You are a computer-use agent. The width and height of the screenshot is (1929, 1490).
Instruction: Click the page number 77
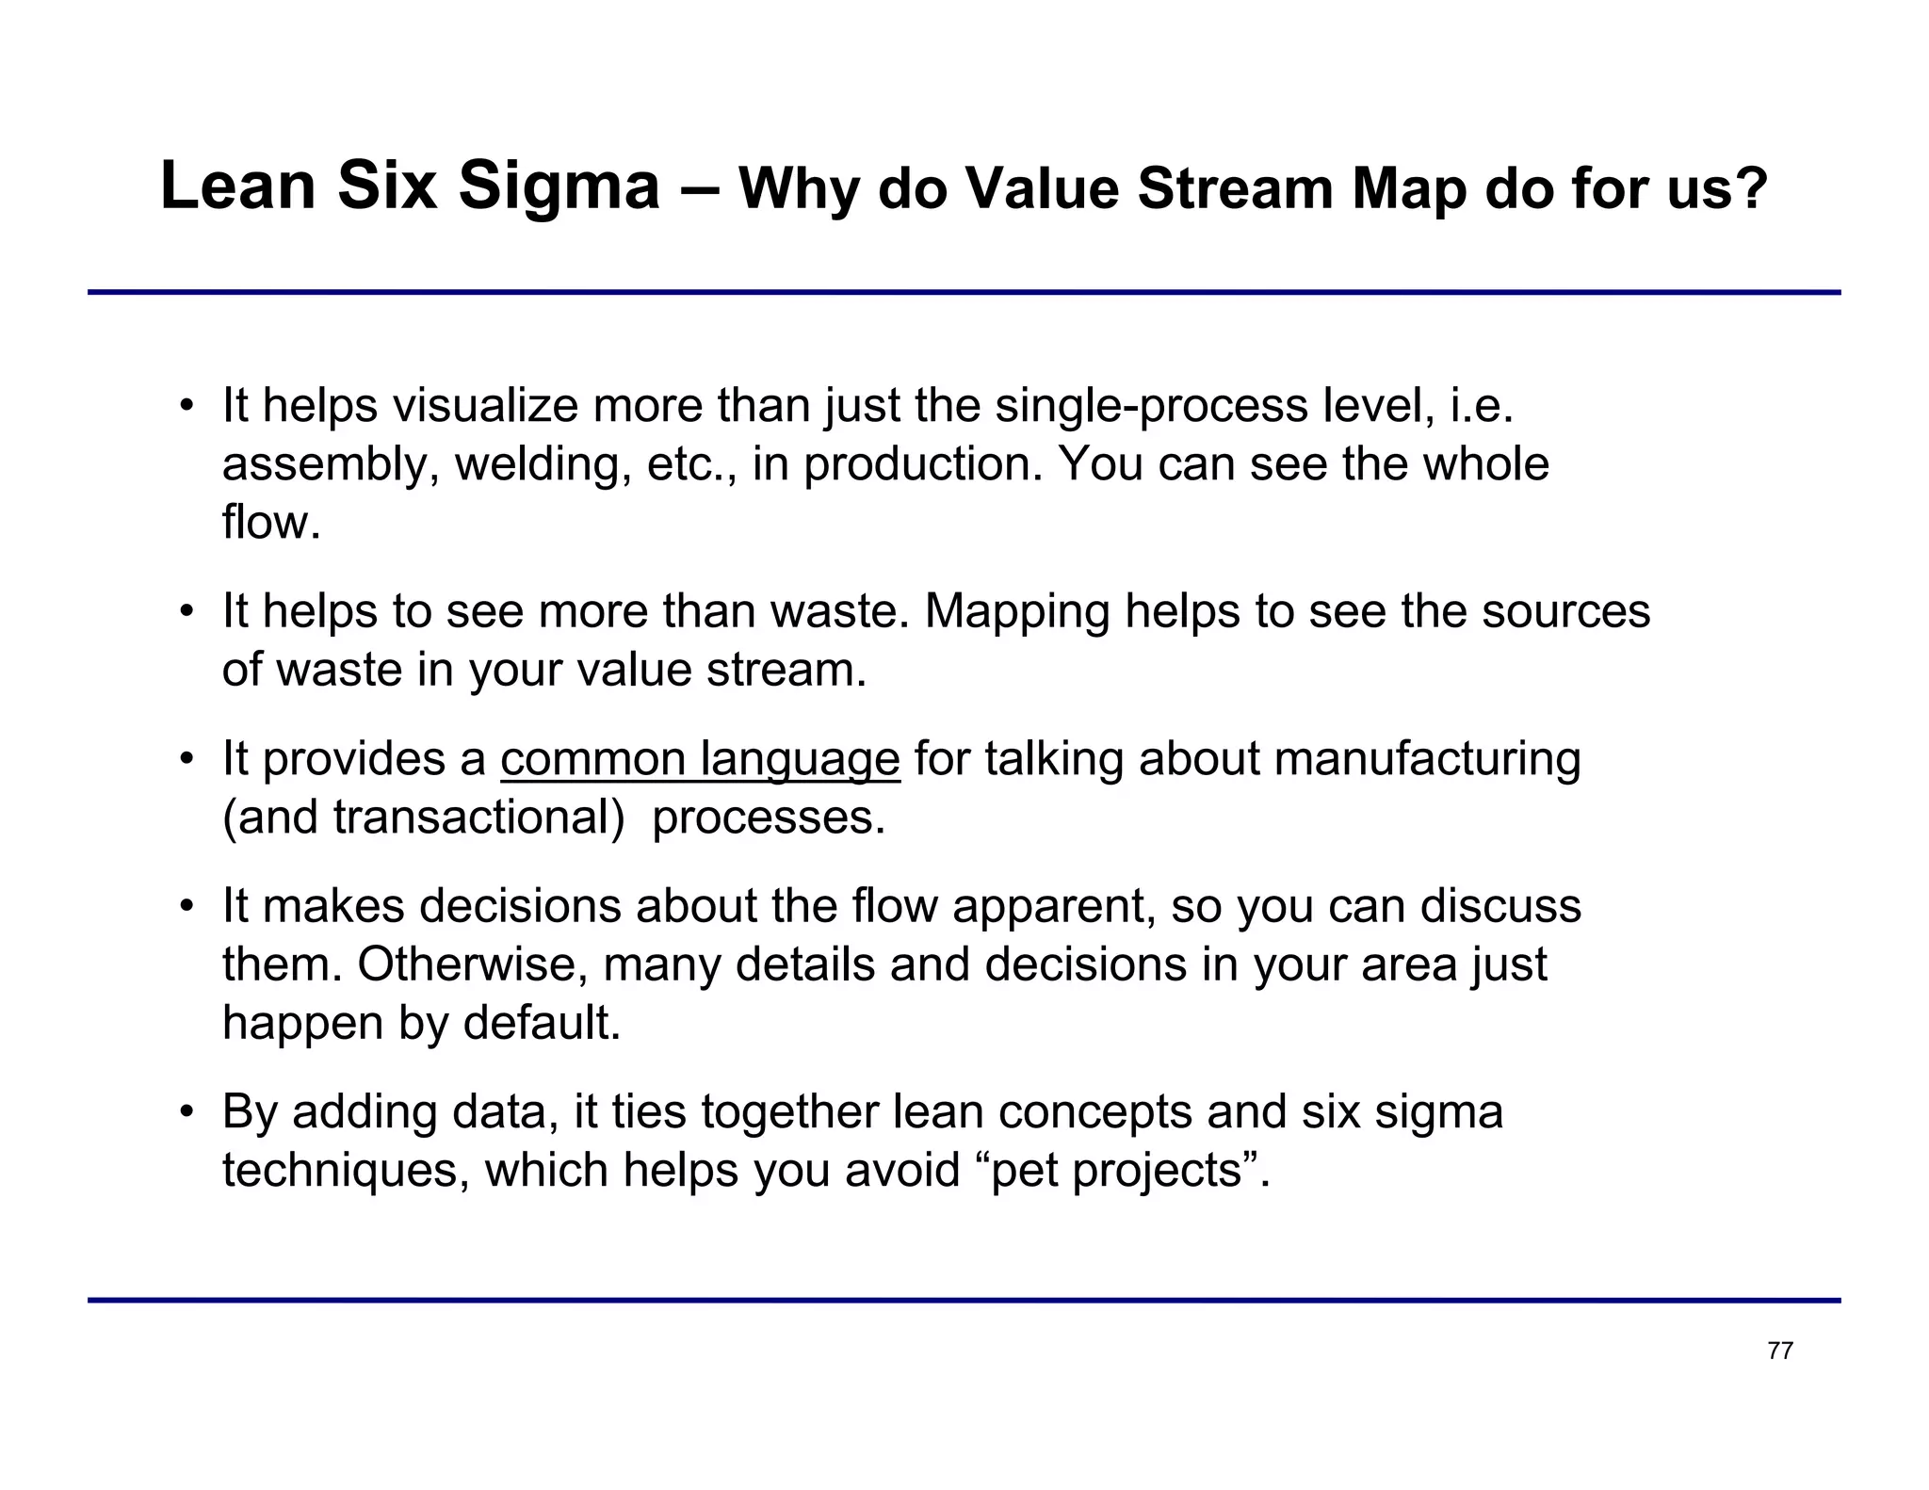point(1780,1351)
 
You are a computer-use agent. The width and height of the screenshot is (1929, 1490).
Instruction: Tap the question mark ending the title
point(1750,188)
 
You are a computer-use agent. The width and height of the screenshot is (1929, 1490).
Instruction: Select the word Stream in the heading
point(1235,188)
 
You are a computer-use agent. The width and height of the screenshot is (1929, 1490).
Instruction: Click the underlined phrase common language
point(700,759)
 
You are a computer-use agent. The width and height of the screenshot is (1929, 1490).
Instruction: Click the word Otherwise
point(472,964)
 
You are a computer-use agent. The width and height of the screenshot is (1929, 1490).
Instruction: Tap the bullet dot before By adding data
point(187,1111)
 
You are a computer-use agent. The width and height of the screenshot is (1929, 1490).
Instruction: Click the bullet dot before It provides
point(187,759)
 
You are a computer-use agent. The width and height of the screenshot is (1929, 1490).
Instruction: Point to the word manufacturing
point(1427,759)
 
